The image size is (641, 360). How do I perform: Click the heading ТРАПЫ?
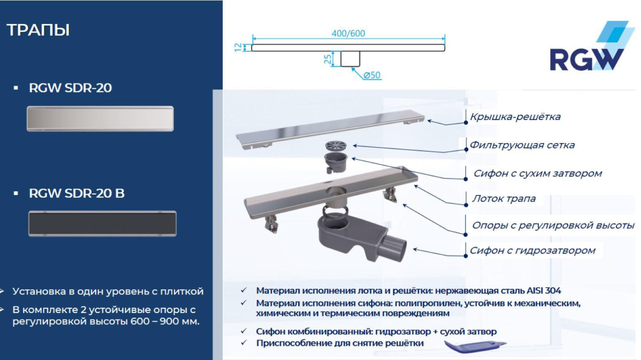click(38, 30)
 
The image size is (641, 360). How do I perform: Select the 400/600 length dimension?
click(348, 33)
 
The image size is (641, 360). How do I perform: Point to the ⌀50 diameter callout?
click(372, 75)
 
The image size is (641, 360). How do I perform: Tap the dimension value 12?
click(238, 47)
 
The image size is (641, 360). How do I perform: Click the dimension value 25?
click(327, 59)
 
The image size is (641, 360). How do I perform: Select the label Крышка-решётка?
click(515, 117)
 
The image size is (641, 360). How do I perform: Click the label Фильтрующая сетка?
click(522, 145)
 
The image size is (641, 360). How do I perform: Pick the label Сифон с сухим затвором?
click(537, 173)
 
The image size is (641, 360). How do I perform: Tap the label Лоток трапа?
click(503, 199)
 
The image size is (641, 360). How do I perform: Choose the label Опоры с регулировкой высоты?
click(553, 225)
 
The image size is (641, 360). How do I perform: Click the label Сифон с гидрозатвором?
click(532, 251)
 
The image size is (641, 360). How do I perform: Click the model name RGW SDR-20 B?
click(76, 193)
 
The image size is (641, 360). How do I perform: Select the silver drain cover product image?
click(100, 119)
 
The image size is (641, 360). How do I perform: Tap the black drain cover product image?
click(102, 223)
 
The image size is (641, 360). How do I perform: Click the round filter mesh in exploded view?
click(336, 146)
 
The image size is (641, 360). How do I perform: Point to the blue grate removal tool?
click(474, 346)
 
